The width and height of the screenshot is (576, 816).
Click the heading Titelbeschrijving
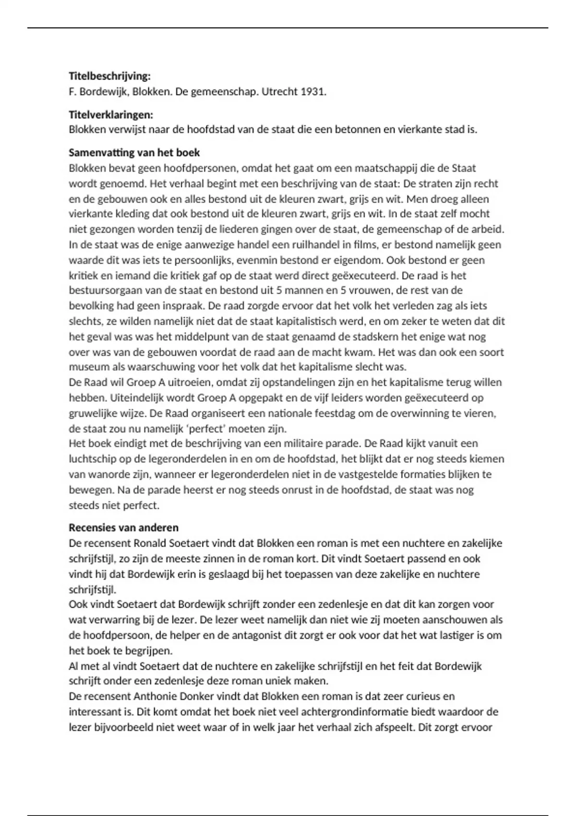(x=109, y=76)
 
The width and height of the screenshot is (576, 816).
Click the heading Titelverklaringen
(x=111, y=114)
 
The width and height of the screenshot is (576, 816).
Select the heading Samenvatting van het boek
(x=134, y=153)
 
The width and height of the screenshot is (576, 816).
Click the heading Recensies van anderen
(x=123, y=528)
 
